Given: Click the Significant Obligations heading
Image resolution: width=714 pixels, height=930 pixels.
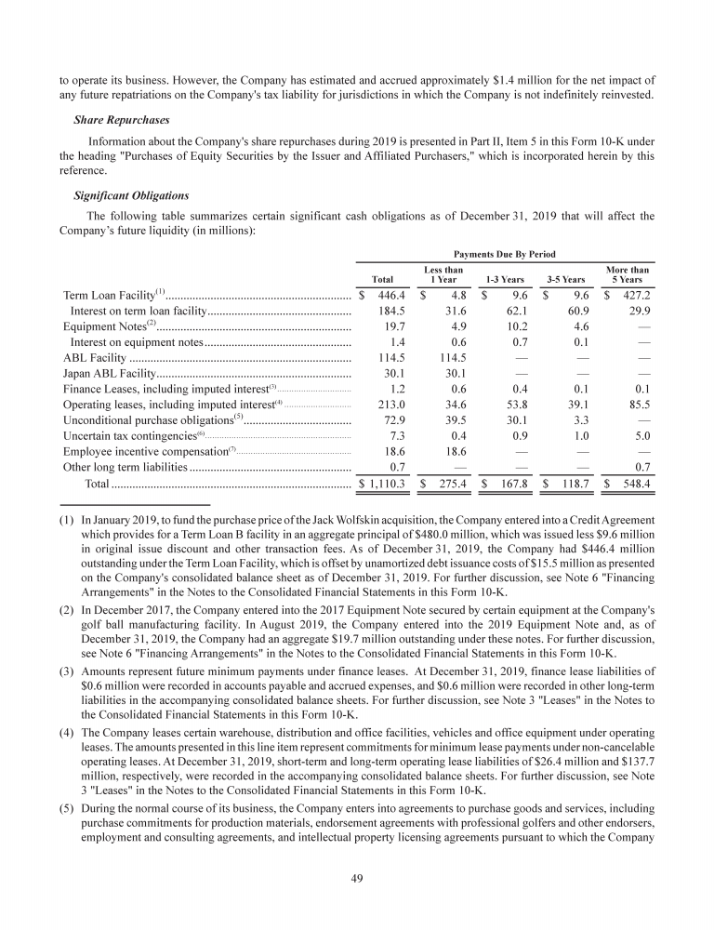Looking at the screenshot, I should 131,195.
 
